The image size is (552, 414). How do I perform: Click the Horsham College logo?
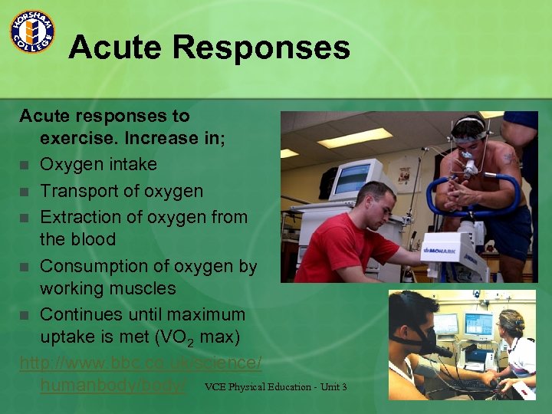pyautogui.click(x=31, y=31)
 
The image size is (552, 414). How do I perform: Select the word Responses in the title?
pyautogui.click(x=261, y=48)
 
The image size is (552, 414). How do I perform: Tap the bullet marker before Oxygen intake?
pyautogui.click(x=25, y=165)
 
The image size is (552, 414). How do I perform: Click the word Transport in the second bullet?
pyautogui.click(x=77, y=191)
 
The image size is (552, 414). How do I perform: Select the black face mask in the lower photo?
pyautogui.click(x=420, y=338)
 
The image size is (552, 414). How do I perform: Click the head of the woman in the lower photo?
pyautogui.click(x=513, y=323)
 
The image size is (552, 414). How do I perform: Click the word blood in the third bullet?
pyautogui.click(x=89, y=240)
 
